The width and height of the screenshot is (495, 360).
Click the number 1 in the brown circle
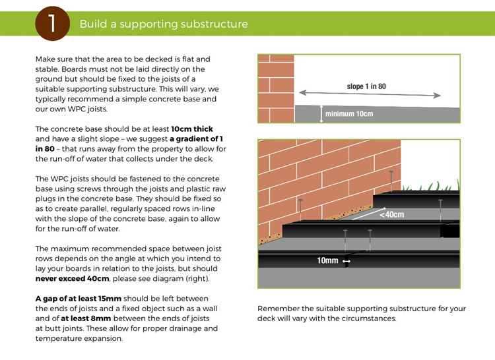click(51, 24)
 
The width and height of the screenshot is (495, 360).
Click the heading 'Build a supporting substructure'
click(164, 24)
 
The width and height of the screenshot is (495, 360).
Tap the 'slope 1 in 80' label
click(366, 86)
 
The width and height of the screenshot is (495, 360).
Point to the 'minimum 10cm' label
click(349, 113)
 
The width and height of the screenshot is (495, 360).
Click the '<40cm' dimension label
click(392, 215)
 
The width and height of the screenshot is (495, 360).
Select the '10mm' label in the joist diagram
click(327, 260)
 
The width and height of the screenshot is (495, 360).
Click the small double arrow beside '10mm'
click(346, 261)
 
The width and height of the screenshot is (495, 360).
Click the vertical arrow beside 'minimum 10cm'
click(321, 113)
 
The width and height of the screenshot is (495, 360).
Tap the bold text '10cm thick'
click(192, 129)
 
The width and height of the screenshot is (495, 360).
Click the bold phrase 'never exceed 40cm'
click(73, 279)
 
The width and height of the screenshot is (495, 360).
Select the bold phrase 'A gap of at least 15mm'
click(79, 299)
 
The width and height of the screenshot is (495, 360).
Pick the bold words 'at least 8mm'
click(86, 318)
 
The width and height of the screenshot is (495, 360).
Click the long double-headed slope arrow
click(370, 94)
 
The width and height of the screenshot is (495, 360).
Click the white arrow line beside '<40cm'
click(369, 214)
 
